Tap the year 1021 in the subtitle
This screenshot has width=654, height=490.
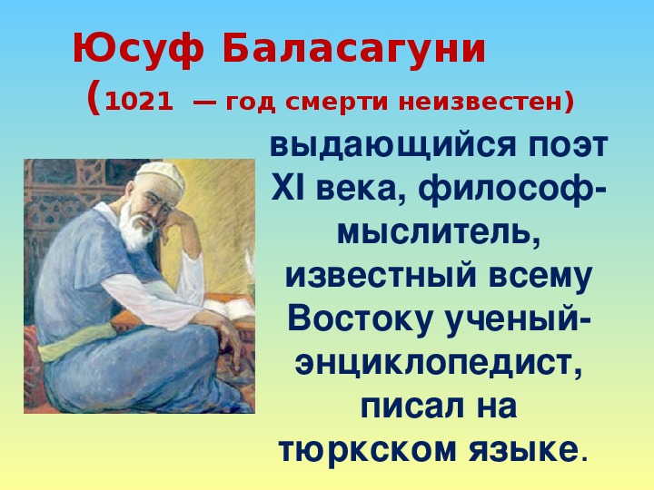138,103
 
